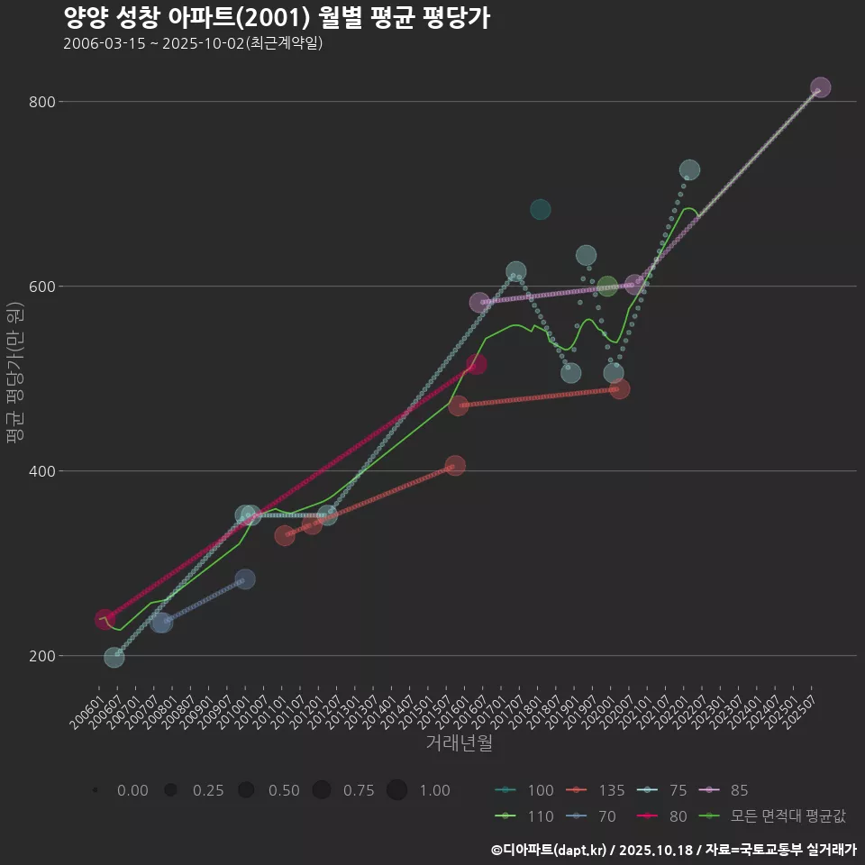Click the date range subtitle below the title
(x=193, y=43)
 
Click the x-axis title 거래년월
(x=459, y=743)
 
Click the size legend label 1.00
(x=434, y=790)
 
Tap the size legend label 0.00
(x=132, y=790)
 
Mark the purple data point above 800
(x=820, y=87)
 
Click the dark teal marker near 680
(x=540, y=210)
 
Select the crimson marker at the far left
(x=105, y=620)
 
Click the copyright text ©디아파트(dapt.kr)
(x=550, y=849)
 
